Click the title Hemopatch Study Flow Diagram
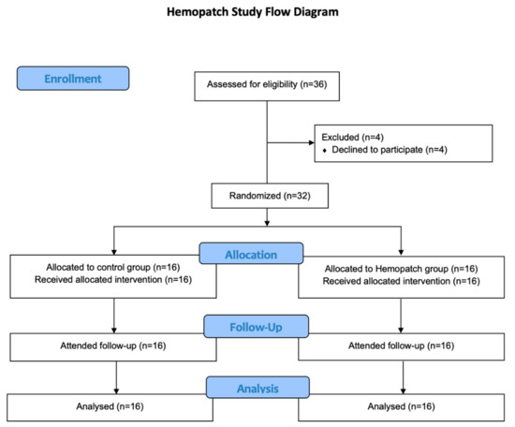tap(257, 13)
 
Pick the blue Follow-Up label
tap(257, 328)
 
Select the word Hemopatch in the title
tap(199, 13)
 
